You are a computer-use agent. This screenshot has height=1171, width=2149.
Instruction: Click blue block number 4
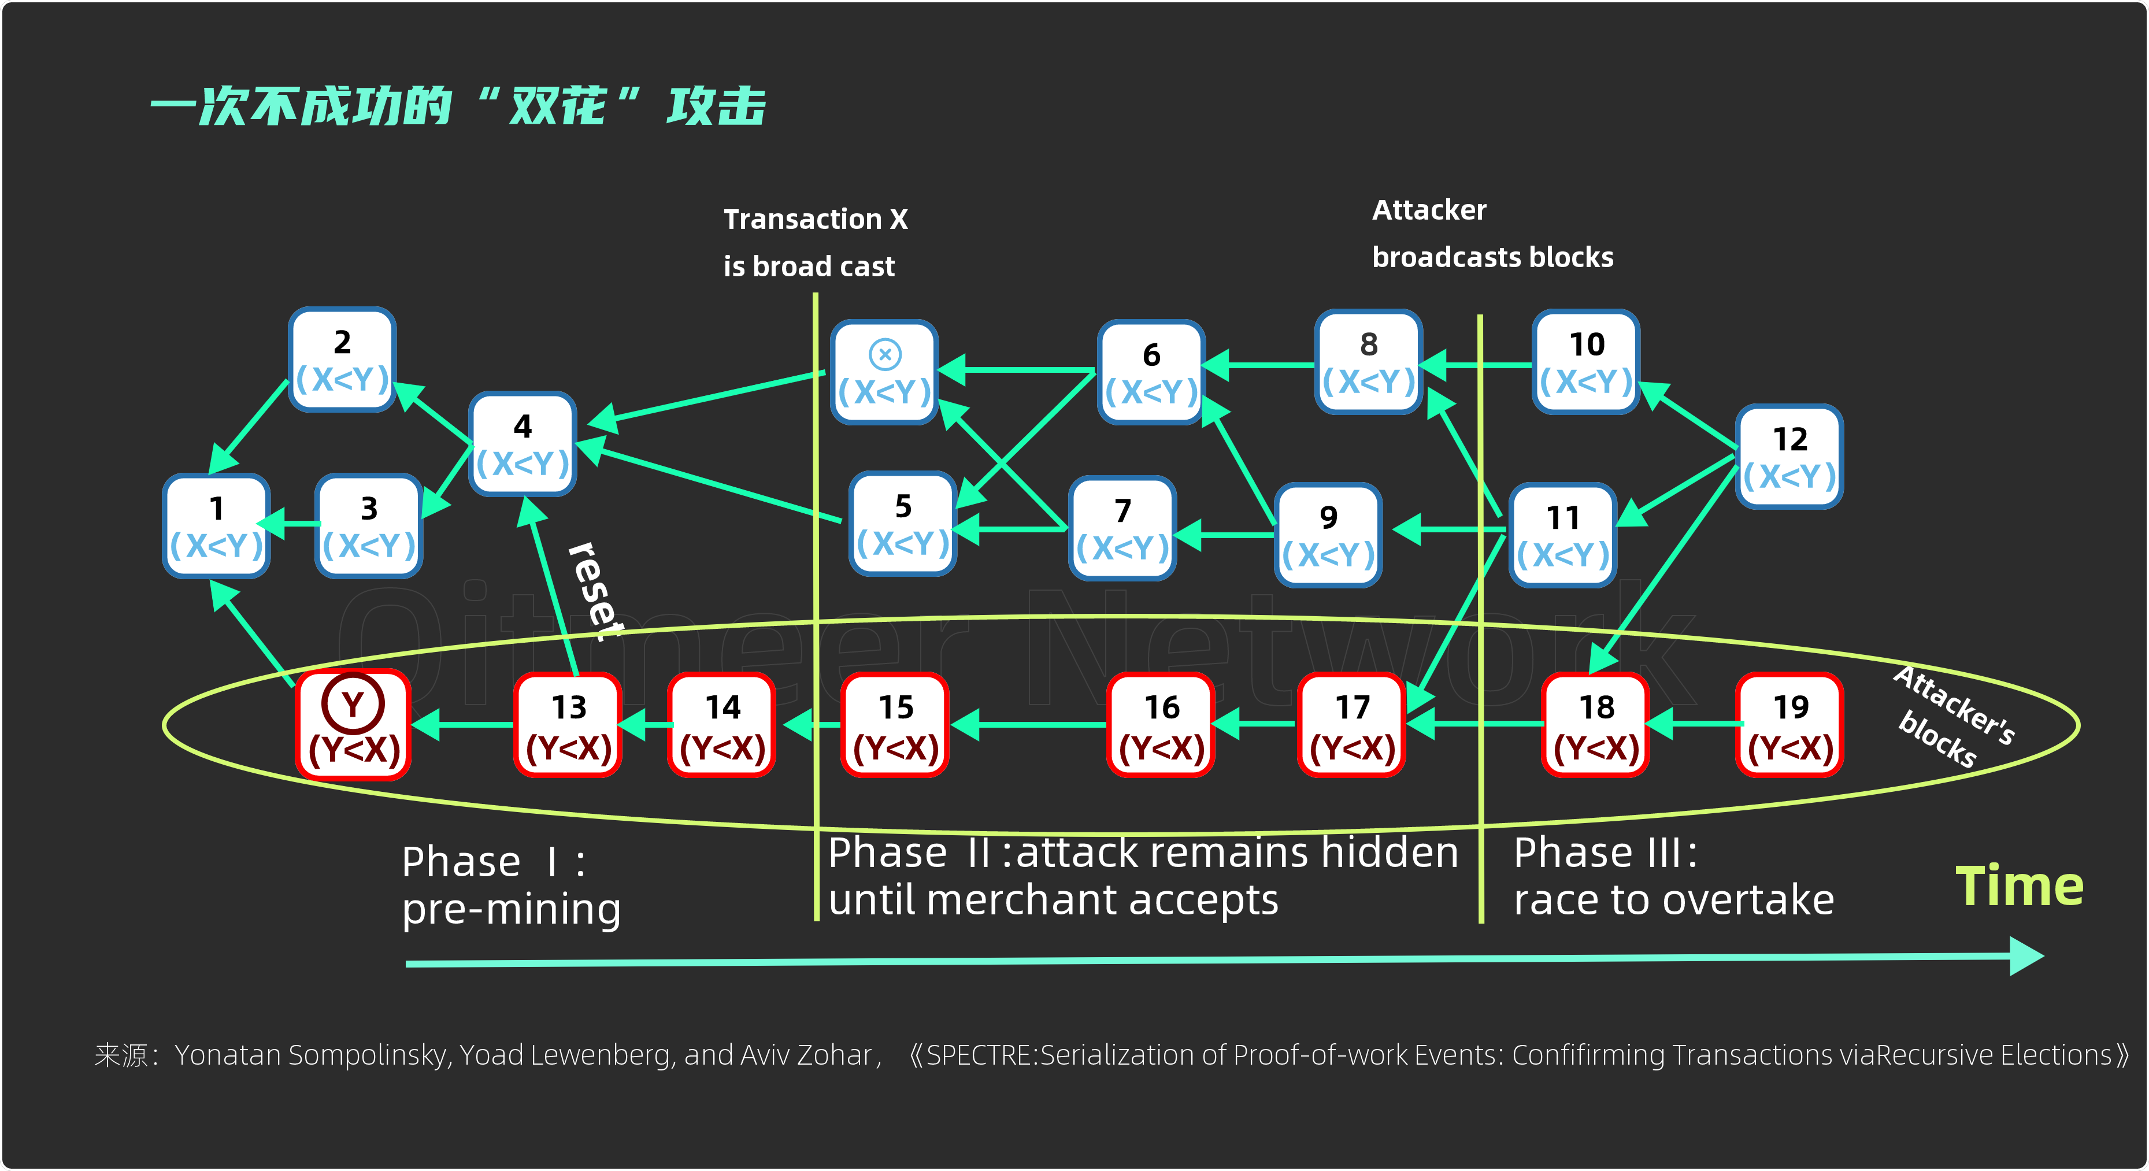point(523,444)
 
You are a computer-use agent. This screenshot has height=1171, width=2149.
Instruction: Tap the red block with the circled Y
point(353,725)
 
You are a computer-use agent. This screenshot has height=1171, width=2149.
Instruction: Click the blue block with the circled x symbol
point(884,372)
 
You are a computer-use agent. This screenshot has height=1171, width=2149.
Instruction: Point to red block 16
point(1161,725)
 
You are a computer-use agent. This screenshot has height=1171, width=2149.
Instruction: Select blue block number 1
point(216,525)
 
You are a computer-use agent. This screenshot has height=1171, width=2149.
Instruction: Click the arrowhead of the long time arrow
point(2027,957)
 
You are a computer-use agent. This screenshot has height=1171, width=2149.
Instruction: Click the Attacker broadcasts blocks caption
point(1492,234)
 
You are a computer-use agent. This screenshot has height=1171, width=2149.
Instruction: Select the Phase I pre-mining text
point(510,885)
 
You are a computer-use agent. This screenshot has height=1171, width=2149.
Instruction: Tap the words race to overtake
point(1673,901)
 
